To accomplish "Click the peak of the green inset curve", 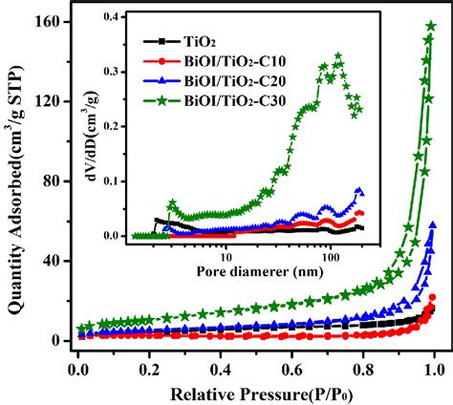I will pos(337,57).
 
